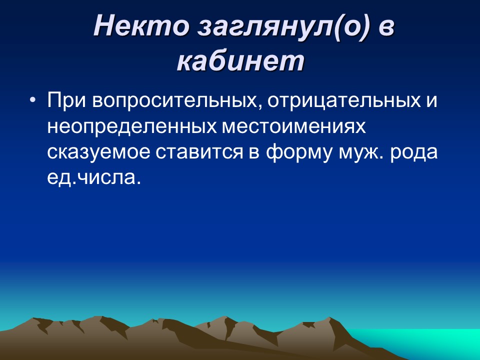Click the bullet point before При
pos(33,100)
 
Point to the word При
pos(66,100)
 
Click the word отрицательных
pos(343,100)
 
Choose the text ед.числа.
pos(91,177)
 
